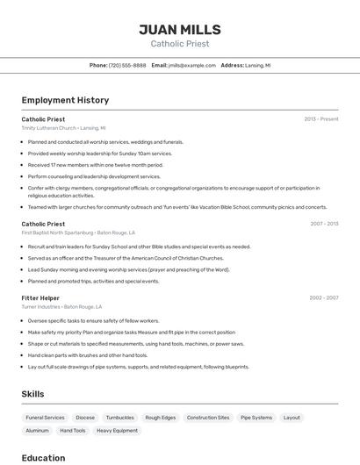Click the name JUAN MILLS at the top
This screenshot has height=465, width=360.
tap(180, 29)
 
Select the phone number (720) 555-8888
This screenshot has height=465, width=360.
tap(127, 65)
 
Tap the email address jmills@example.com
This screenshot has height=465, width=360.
tap(191, 65)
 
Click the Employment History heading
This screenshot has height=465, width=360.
tap(65, 100)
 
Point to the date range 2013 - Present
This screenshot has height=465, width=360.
tap(321, 119)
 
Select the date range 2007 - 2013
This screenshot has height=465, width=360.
tap(324, 224)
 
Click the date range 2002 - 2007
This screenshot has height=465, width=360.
tap(324, 298)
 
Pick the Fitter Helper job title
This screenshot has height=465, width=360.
tap(40, 298)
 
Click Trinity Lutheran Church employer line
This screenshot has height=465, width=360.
tap(63, 128)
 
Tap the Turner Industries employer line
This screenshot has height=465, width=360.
tap(61, 307)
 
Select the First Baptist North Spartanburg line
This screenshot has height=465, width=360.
tap(78, 232)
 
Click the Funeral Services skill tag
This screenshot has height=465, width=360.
tap(45, 418)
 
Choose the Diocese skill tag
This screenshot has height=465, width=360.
tap(85, 418)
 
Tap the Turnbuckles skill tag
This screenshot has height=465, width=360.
tap(119, 418)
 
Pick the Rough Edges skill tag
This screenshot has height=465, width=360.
tap(161, 418)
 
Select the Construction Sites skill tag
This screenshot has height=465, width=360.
tap(208, 418)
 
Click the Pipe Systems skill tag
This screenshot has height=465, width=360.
tap(256, 418)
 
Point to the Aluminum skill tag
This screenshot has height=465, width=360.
tap(37, 431)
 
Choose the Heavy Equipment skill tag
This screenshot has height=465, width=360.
tap(117, 431)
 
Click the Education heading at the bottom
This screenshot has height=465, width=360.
tap(43, 458)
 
